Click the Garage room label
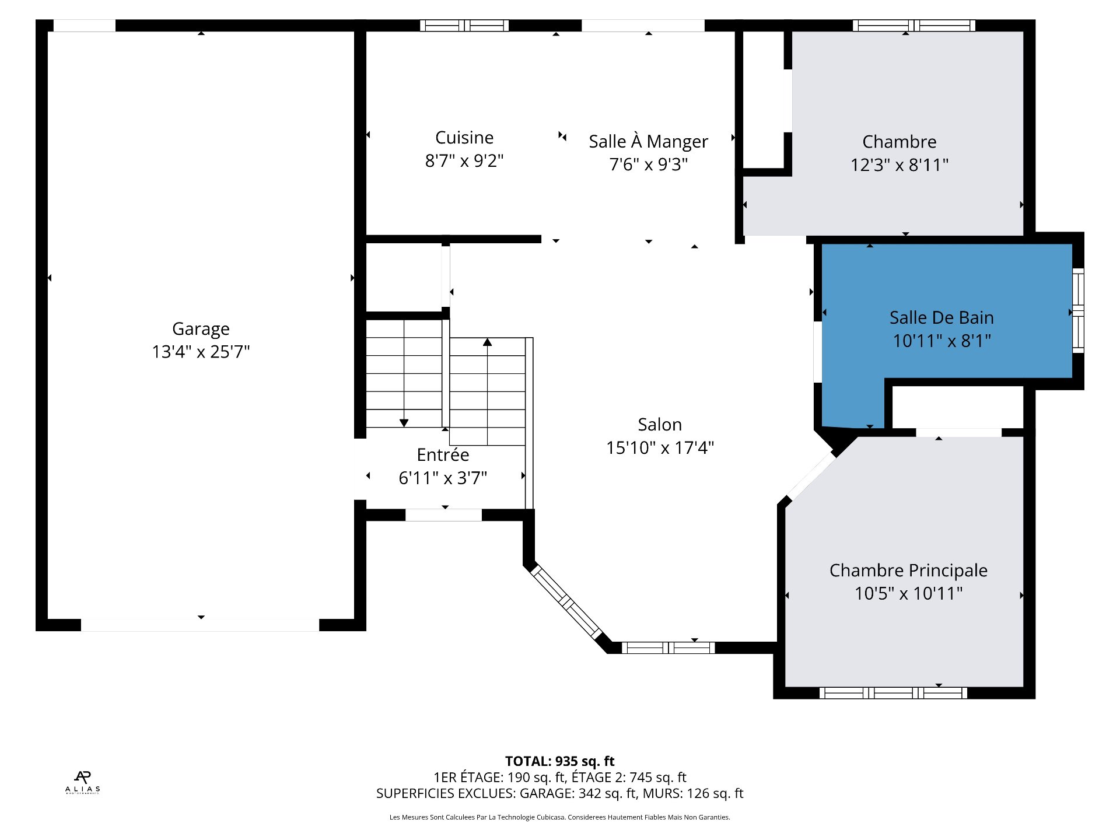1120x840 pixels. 201,330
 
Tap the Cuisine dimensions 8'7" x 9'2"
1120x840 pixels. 464,160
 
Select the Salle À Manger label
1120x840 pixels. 648,141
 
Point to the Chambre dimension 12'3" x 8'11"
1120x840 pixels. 900,165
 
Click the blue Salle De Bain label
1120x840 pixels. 942,317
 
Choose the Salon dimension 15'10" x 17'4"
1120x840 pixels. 660,447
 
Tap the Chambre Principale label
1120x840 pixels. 908,570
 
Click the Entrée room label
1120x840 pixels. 443,454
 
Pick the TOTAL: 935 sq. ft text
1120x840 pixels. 559,761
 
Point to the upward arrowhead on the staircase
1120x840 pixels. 488,342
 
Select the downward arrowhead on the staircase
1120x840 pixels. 404,423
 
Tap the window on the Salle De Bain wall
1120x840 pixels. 1078,310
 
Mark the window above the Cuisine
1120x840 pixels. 464,26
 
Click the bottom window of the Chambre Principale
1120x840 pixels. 893,693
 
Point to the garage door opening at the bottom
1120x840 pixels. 200,625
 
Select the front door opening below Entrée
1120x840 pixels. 443,515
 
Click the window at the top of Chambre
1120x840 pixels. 914,26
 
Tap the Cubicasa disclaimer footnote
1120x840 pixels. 559,817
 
